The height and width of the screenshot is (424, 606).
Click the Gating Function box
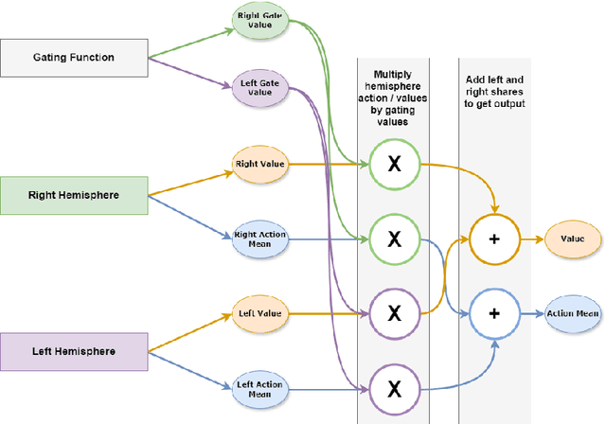75,58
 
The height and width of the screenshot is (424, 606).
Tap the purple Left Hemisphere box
75,351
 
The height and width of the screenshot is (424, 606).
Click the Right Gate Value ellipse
259,21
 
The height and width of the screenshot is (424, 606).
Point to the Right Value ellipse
259,165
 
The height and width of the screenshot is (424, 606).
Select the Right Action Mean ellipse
259,239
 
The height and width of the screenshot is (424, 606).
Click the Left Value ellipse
259,312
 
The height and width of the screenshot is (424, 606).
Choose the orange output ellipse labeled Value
573,239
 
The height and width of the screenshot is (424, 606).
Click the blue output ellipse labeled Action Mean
573,313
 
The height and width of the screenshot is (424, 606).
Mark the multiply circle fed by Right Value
395,165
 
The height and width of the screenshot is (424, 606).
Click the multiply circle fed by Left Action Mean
395,387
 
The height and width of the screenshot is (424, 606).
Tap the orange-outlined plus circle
493,239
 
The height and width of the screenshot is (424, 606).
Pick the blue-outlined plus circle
493,313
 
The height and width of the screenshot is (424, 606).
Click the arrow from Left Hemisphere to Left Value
189,332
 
